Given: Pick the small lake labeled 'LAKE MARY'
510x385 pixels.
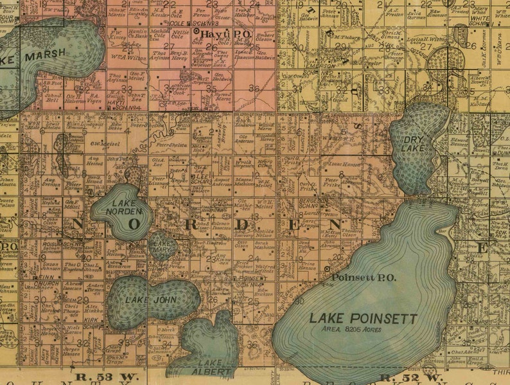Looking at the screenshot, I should point(161,246).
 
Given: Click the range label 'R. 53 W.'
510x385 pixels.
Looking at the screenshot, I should point(98,378).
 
